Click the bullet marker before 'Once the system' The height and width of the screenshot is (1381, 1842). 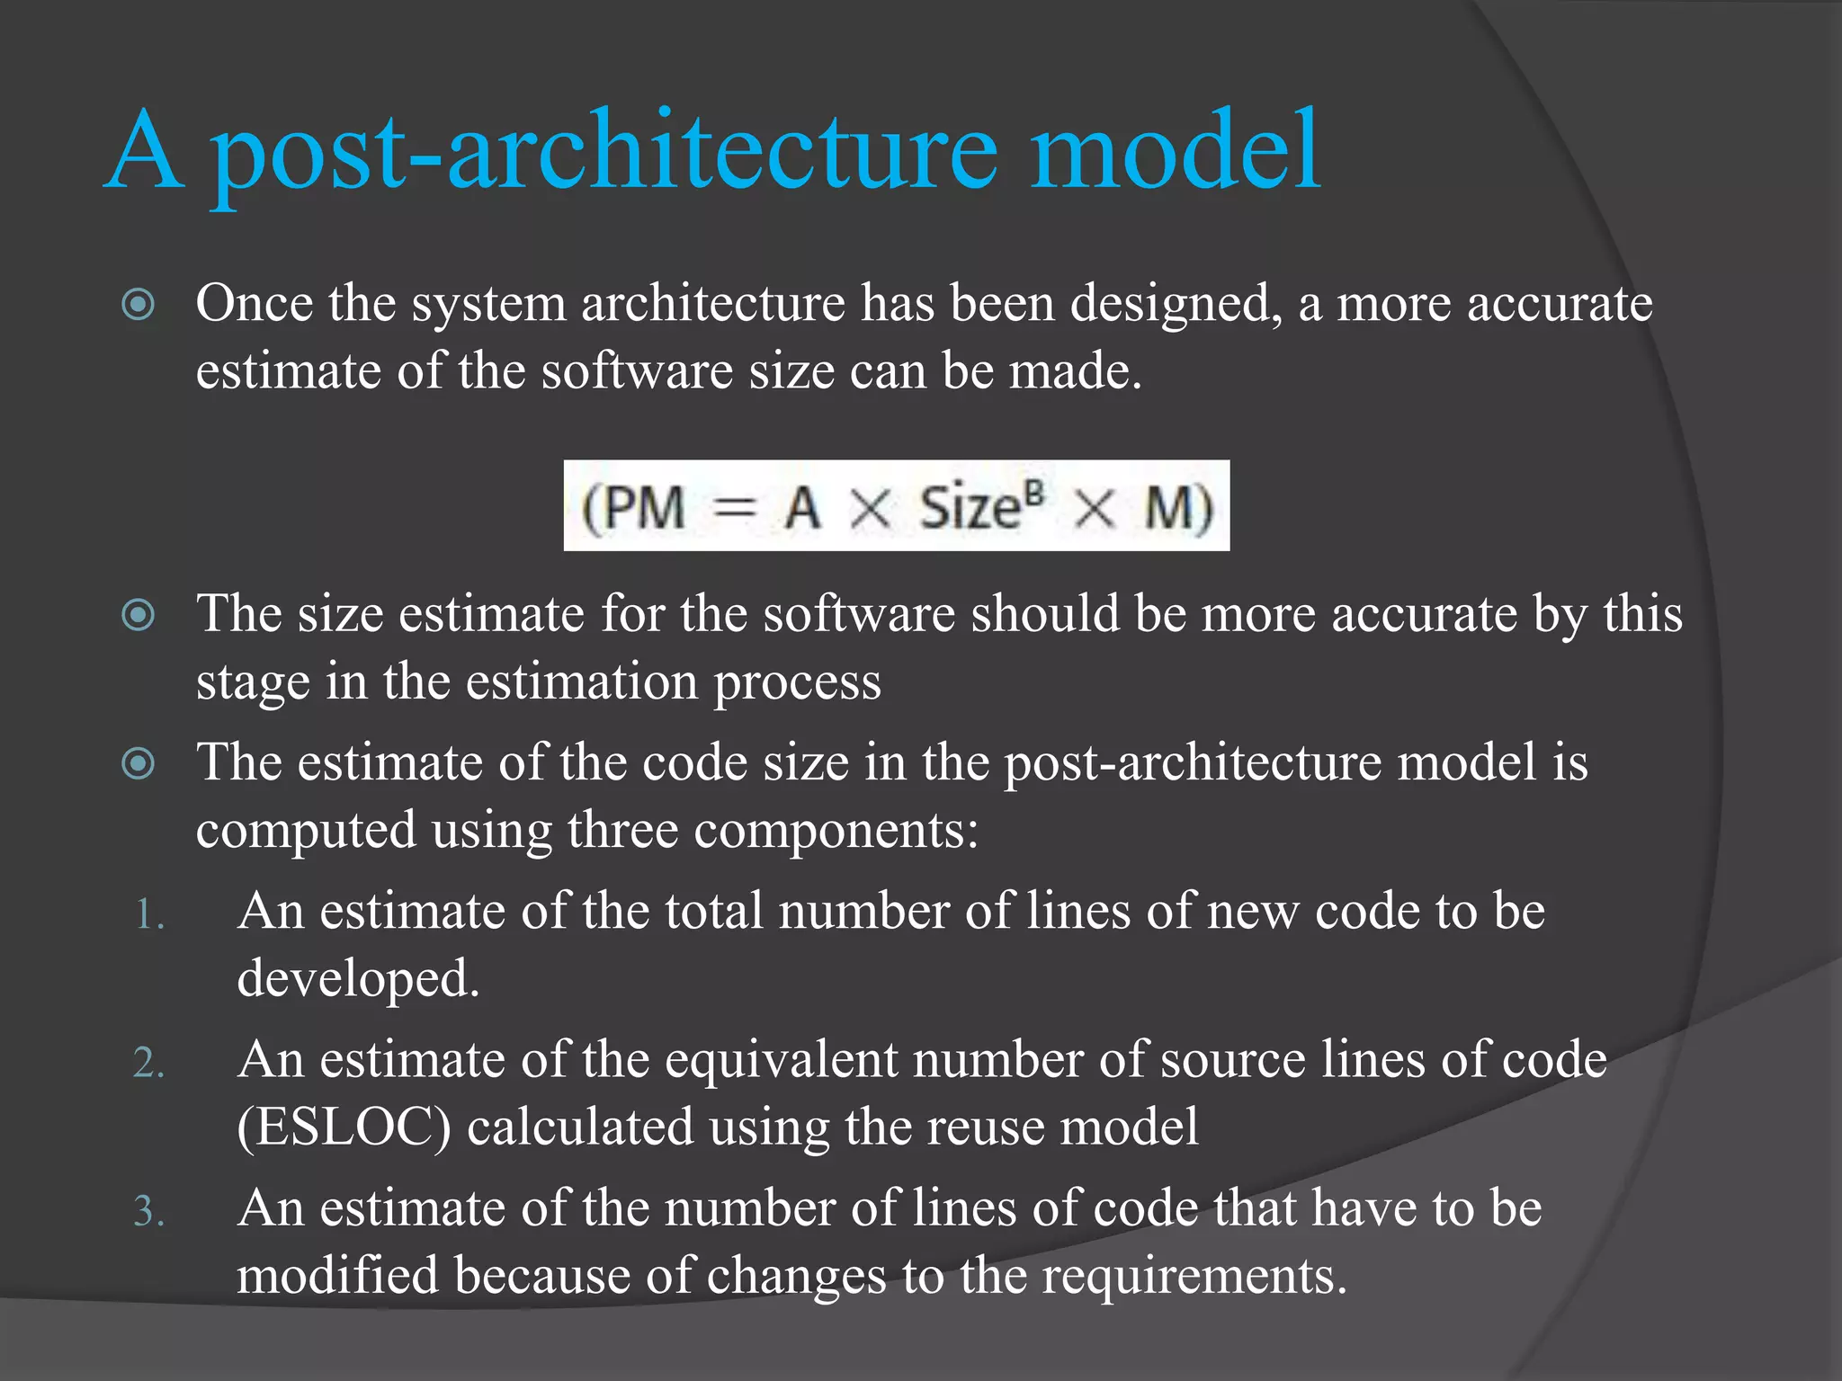coord(139,304)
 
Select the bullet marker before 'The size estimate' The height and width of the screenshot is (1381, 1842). coord(139,615)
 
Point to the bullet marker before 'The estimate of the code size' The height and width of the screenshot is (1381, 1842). coord(139,763)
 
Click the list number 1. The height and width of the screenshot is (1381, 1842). coord(149,915)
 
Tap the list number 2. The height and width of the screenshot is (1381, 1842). coord(149,1064)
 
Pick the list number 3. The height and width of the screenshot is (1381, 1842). coord(149,1212)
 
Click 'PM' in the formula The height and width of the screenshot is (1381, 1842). coord(644,508)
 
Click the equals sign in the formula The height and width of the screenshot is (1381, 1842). coord(734,510)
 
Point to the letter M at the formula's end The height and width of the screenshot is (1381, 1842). coord(1169,508)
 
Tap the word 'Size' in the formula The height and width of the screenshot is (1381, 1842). coord(970,508)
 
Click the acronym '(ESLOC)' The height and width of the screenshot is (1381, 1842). coord(344,1127)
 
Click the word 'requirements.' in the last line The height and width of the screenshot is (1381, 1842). coord(1194,1276)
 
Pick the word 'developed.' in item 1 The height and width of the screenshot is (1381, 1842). coord(358,979)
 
